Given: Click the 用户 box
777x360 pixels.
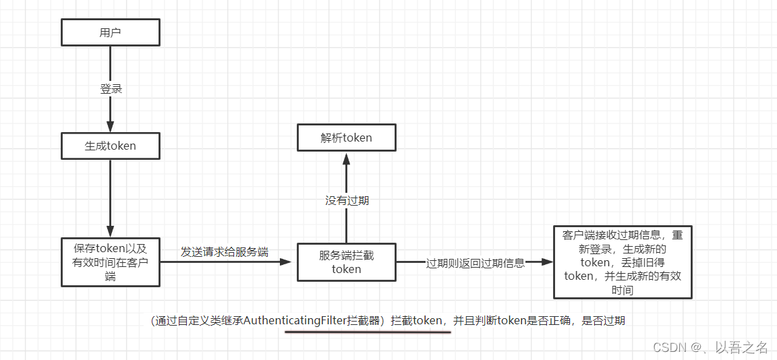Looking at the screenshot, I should [111, 32].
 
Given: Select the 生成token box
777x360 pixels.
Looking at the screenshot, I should [111, 146].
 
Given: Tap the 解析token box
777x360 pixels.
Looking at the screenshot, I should [347, 138].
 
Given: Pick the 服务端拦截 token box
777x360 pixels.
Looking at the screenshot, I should [347, 262].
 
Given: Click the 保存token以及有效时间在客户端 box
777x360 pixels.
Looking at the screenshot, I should [111, 262].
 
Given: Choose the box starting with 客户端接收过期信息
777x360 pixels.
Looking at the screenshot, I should [623, 262].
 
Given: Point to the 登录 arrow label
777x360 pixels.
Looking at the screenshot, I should [111, 88].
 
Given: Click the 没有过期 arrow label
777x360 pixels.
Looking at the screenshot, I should [347, 200].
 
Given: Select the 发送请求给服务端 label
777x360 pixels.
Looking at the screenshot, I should [225, 252].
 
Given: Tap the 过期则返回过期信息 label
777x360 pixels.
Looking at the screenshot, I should [476, 263].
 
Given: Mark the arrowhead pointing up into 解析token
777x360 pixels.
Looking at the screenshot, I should [347, 158].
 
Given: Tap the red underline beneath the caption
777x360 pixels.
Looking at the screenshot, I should [368, 332].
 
